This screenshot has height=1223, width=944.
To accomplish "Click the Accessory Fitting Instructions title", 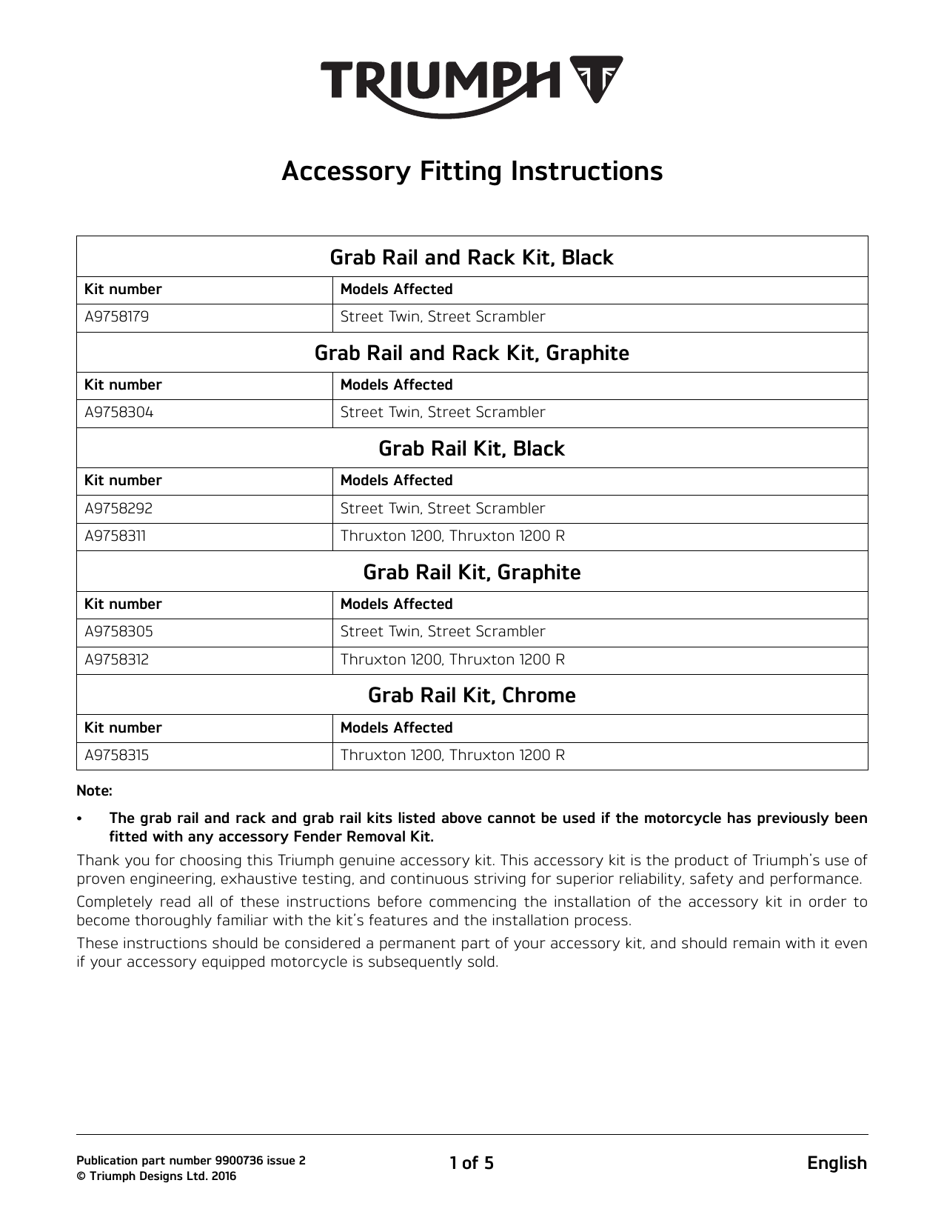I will (x=472, y=171).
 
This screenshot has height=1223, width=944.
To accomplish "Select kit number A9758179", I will (x=116, y=317).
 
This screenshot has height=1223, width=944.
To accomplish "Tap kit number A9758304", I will (x=118, y=413).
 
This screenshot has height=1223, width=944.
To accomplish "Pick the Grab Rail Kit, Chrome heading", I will (x=472, y=696).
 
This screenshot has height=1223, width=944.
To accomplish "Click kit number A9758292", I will (x=118, y=509).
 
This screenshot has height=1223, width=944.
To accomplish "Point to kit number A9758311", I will (x=116, y=536).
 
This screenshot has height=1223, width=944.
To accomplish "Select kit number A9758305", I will (x=118, y=632).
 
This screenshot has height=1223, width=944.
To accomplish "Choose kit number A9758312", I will (x=116, y=660).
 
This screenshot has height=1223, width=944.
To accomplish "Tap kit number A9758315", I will (x=116, y=756).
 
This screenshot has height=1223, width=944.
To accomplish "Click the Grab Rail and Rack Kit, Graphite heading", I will (x=472, y=353).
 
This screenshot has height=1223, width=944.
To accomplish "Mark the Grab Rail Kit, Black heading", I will (x=472, y=449).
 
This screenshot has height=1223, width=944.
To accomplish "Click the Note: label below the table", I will (x=94, y=791).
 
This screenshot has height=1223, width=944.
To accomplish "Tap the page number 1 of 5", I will (x=472, y=1163).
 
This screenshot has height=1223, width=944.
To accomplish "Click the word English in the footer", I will (x=837, y=1163).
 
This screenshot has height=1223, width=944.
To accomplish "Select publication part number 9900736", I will (x=190, y=1161).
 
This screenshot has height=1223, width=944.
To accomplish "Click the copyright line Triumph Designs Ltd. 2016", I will (x=156, y=1176).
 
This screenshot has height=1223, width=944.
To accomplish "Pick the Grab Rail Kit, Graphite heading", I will (x=472, y=573).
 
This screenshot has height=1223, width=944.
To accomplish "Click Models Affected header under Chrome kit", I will (x=396, y=728).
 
